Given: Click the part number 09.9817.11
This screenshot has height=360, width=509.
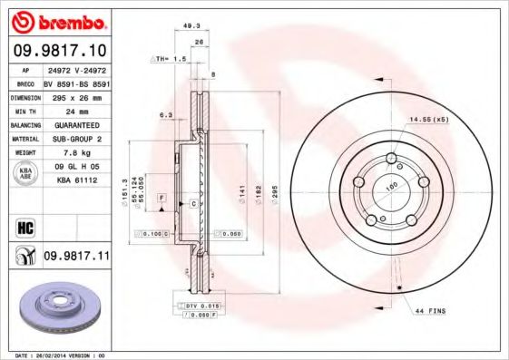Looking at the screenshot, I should pos(78,258).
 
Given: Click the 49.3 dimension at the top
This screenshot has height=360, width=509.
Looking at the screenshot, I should pos(191,25).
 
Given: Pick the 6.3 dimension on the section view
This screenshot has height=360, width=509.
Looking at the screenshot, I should pos(166,115).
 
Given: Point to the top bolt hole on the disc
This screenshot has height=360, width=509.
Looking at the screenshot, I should pos(392,160).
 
